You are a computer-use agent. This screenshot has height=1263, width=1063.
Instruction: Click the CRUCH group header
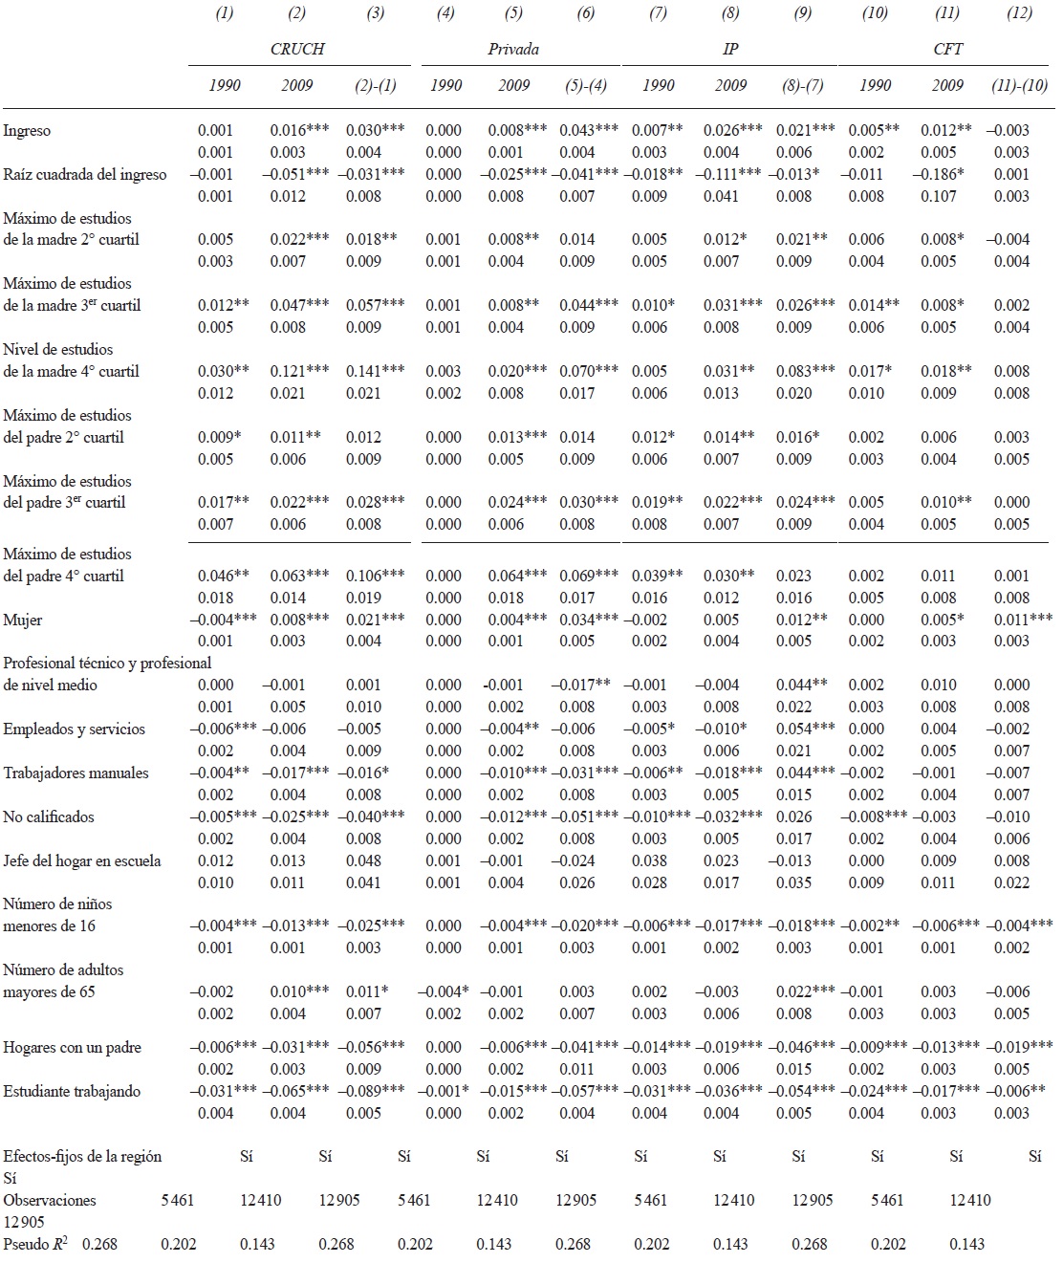[x=297, y=49]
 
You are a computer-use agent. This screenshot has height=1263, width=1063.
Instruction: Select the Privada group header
[x=513, y=49]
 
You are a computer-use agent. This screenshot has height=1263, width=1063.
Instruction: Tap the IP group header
[x=730, y=49]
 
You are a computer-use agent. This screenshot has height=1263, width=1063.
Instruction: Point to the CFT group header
[x=947, y=49]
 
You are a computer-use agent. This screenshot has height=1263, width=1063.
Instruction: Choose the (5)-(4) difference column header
[x=584, y=85]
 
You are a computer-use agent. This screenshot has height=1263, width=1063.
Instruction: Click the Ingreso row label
[x=28, y=131]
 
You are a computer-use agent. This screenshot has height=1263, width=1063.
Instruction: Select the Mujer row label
[x=24, y=621]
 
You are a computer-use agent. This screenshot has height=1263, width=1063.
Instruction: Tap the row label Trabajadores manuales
[x=76, y=773]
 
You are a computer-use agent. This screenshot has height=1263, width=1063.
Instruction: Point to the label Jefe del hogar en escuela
[x=82, y=861]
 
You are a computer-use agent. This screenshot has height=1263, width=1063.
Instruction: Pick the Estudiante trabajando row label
[x=73, y=1092]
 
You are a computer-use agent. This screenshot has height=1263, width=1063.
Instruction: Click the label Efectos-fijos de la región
[x=83, y=1157]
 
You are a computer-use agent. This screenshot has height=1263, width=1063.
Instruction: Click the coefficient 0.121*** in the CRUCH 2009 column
[x=299, y=372]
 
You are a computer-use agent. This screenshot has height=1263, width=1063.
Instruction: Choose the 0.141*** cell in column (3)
[x=374, y=372]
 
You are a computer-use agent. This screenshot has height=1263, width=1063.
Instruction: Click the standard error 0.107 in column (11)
[x=939, y=197]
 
